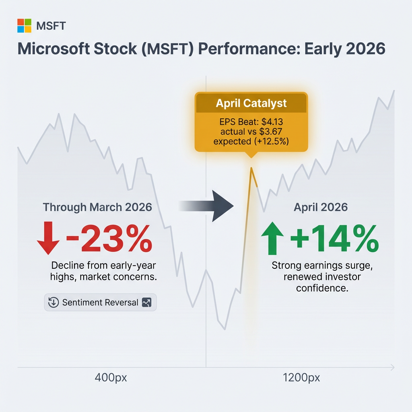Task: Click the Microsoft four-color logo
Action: pyautogui.click(x=24, y=26)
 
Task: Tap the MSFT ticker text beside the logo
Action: pyautogui.click(x=51, y=27)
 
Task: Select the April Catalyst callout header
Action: pyautogui.click(x=251, y=103)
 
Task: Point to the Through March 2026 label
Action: pyautogui.click(x=97, y=207)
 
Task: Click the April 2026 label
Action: pyautogui.click(x=321, y=208)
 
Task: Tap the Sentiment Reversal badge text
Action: pyautogui.click(x=100, y=303)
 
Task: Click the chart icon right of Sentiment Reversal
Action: pyautogui.click(x=147, y=303)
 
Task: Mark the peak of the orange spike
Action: pyautogui.click(x=251, y=168)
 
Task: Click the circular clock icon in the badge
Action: pyautogui.click(x=54, y=303)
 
